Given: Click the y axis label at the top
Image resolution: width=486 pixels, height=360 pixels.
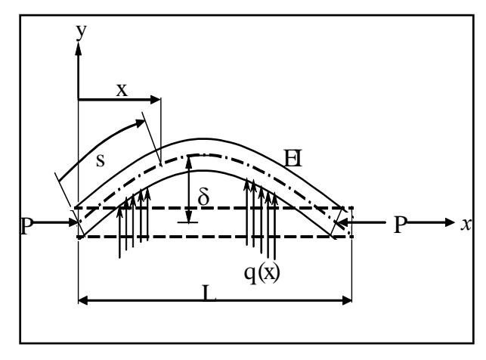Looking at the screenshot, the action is click(81, 32).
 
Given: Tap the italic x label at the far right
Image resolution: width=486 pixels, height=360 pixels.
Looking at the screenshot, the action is click(466, 224).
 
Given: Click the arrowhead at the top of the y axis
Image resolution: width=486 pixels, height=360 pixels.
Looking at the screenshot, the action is click(79, 49).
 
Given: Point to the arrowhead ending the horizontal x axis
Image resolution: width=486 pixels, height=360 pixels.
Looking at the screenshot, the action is click(450, 222).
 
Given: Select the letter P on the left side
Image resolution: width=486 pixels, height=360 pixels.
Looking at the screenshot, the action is click(26, 226).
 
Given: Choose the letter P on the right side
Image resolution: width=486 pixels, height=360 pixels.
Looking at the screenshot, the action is click(400, 225).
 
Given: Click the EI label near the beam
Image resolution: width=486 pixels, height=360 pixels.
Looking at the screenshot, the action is click(293, 158).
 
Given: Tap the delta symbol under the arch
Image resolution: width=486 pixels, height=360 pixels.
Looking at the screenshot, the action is click(203, 197).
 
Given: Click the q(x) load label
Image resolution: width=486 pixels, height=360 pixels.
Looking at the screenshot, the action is click(262, 273).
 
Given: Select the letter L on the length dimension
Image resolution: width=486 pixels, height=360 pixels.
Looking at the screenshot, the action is click(209, 293).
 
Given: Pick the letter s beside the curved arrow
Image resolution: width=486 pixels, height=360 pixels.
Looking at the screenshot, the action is click(101, 160).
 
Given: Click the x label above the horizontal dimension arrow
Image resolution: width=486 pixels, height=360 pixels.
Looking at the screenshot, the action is click(122, 90).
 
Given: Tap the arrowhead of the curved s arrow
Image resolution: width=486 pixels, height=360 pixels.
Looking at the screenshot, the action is click(141, 123).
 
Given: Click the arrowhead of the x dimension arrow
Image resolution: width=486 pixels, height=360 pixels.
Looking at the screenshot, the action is click(155, 100).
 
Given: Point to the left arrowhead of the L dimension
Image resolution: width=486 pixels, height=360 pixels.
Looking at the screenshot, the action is click(83, 300).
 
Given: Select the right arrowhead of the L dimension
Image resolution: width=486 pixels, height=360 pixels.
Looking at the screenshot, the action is click(347, 300).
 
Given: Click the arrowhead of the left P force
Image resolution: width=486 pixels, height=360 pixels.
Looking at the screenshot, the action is click(73, 222).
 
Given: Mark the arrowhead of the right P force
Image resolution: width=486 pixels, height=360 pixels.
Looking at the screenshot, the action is click(342, 222).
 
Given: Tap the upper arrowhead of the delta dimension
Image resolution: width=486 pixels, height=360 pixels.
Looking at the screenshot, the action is click(189, 163).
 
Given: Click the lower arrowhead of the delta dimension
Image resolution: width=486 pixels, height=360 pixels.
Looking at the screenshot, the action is click(189, 216).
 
